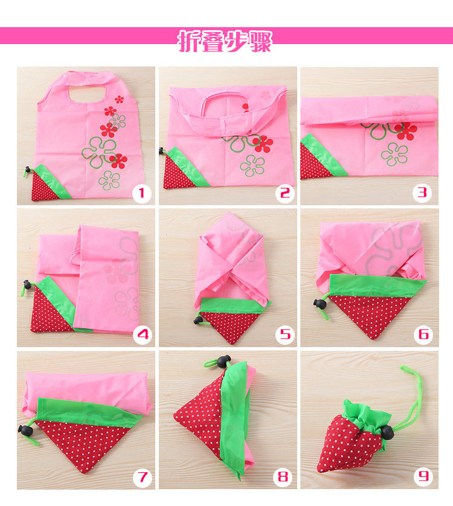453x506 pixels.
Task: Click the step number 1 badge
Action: pyautogui.click(x=142, y=193)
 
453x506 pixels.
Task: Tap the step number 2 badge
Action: pyautogui.click(x=284, y=193)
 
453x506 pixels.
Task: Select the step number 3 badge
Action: pyautogui.click(x=422, y=193)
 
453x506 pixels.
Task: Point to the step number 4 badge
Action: pyautogui.click(x=143, y=335)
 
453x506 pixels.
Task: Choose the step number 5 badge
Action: pyautogui.click(x=284, y=335)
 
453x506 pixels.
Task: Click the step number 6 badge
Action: pyautogui.click(x=423, y=335)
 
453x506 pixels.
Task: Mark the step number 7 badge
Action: pyautogui.click(x=143, y=477)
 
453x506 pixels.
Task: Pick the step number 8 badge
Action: pyautogui.click(x=283, y=477)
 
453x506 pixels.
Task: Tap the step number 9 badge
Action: pyautogui.click(x=423, y=476)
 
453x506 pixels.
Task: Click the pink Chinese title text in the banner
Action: pyautogui.click(x=225, y=41)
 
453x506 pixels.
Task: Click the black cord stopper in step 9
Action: pyautogui.click(x=387, y=432)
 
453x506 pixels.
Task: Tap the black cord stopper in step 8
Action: pyautogui.click(x=223, y=361)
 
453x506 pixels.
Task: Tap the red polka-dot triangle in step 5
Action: pyautogui.click(x=230, y=325)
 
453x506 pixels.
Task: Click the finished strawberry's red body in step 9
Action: pyautogui.click(x=347, y=446)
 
